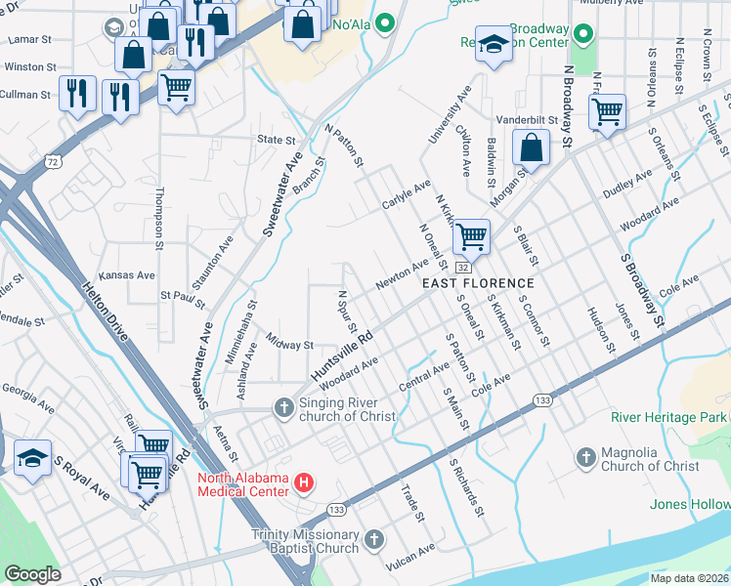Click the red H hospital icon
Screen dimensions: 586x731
(304, 482)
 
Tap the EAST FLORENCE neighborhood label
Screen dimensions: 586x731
(478, 282)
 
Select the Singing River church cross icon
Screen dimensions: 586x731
(284, 407)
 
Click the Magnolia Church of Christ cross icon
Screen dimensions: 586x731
(585, 457)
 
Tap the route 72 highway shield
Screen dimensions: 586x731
(53, 158)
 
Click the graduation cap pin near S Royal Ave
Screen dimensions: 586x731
(32, 457)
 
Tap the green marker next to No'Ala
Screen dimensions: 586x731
(386, 21)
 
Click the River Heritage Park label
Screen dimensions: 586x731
(668, 417)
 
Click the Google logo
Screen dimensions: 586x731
(33, 574)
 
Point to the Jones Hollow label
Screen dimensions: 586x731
(690, 504)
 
